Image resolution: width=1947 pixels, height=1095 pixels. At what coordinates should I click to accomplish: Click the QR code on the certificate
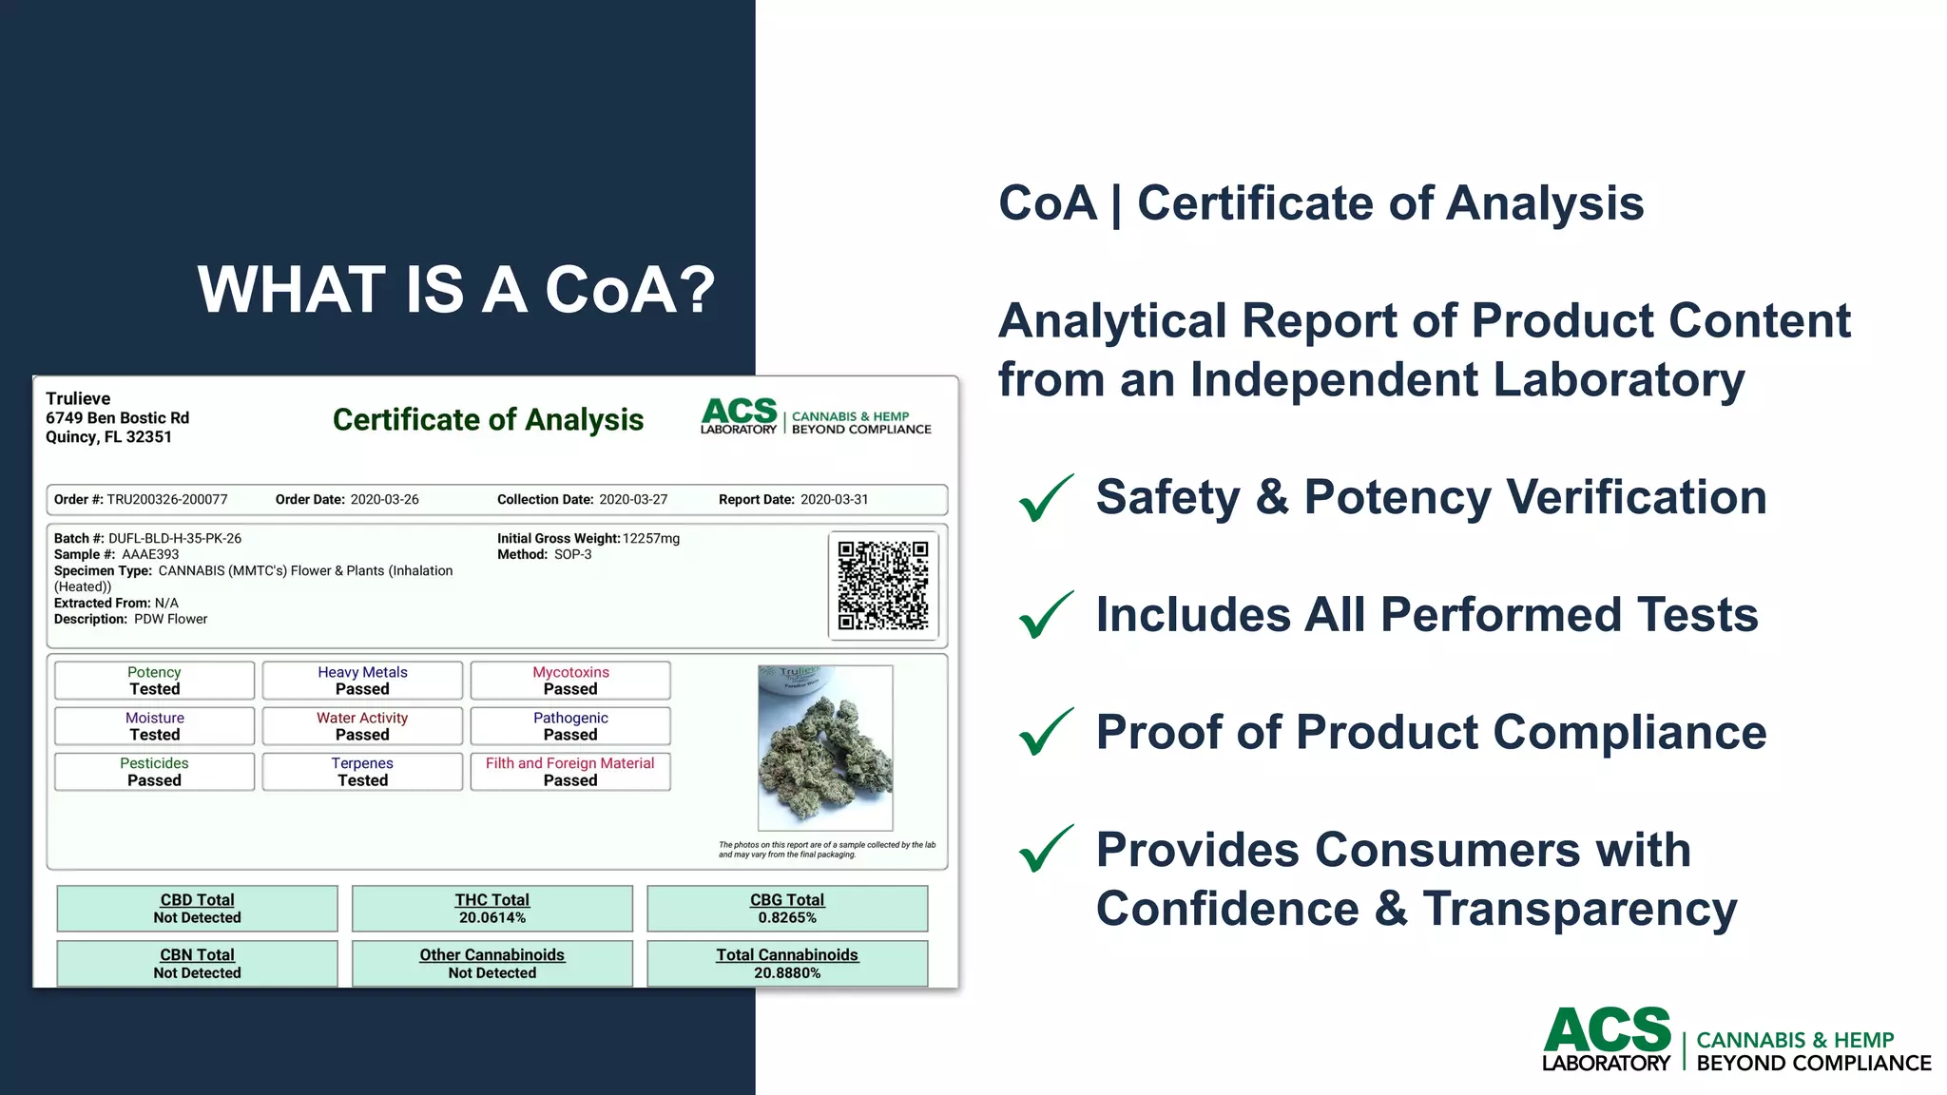pyautogui.click(x=883, y=585)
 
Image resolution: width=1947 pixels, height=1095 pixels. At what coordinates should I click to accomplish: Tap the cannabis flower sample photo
pyautogui.click(x=825, y=748)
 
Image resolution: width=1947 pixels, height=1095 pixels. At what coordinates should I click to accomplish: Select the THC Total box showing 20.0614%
pyautogui.click(x=492, y=909)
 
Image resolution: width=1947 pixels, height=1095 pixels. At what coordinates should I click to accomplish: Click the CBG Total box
pyautogui.click(x=787, y=909)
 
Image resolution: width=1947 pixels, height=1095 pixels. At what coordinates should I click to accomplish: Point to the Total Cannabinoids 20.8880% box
pyautogui.click(x=787, y=964)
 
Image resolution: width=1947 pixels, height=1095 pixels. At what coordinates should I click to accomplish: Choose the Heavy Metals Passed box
pyautogui.click(x=362, y=681)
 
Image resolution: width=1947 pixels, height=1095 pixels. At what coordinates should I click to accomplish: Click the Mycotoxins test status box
pyautogui.click(x=570, y=681)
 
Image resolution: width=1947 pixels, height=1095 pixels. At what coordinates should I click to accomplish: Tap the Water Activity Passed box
pyautogui.click(x=362, y=726)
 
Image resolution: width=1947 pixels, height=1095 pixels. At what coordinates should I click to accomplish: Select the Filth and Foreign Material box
pyautogui.click(x=570, y=772)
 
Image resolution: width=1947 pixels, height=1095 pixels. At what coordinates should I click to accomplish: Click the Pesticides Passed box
pyautogui.click(x=154, y=772)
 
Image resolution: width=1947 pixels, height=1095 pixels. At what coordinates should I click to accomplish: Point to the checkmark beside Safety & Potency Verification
pyautogui.click(x=1046, y=498)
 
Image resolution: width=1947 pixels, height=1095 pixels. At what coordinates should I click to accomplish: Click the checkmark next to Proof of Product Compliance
pyautogui.click(x=1046, y=732)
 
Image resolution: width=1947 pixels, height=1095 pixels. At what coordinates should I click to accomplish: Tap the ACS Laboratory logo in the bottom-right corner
pyautogui.click(x=1736, y=1041)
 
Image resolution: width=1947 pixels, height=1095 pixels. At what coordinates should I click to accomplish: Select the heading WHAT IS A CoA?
pyautogui.click(x=456, y=289)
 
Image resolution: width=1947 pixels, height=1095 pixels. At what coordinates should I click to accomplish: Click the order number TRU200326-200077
pyautogui.click(x=167, y=500)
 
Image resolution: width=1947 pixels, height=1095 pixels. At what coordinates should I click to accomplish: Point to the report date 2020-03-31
pyautogui.click(x=834, y=500)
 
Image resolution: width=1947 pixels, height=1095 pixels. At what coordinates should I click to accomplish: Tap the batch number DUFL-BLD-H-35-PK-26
pyautogui.click(x=175, y=539)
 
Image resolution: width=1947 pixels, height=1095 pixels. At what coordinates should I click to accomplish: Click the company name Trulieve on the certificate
pyautogui.click(x=78, y=399)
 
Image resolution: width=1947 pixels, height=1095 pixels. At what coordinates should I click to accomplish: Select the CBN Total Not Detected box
pyautogui.click(x=197, y=964)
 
